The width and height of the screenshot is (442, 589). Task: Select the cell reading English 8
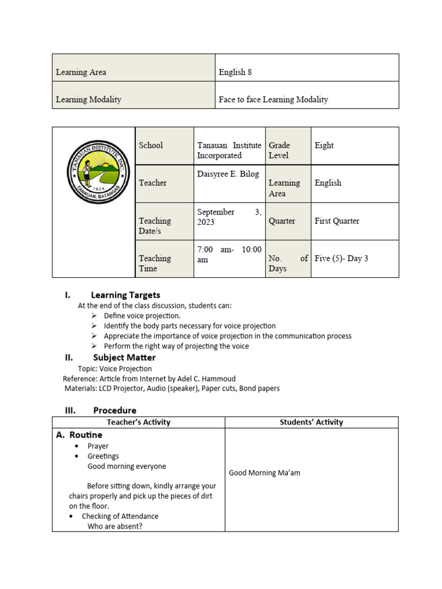(x=235, y=72)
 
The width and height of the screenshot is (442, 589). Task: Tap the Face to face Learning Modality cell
(x=273, y=100)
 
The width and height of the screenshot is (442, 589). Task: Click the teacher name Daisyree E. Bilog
(x=228, y=174)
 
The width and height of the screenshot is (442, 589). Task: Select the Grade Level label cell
(x=280, y=150)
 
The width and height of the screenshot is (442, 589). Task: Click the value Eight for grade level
(x=324, y=146)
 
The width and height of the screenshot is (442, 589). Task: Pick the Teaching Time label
(x=155, y=263)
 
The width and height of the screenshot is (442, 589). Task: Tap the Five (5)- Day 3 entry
(x=341, y=258)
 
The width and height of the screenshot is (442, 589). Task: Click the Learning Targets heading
(x=125, y=295)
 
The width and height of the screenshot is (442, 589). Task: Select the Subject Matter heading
(x=124, y=357)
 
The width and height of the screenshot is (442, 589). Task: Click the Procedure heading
(x=115, y=410)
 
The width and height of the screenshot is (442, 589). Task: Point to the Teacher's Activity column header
(x=138, y=422)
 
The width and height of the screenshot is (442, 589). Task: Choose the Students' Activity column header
(x=311, y=422)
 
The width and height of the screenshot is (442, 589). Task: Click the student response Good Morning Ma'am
(x=264, y=473)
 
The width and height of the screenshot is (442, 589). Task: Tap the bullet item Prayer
(x=98, y=446)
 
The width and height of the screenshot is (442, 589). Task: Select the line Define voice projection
(x=142, y=316)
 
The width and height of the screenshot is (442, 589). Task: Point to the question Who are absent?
(x=115, y=526)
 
